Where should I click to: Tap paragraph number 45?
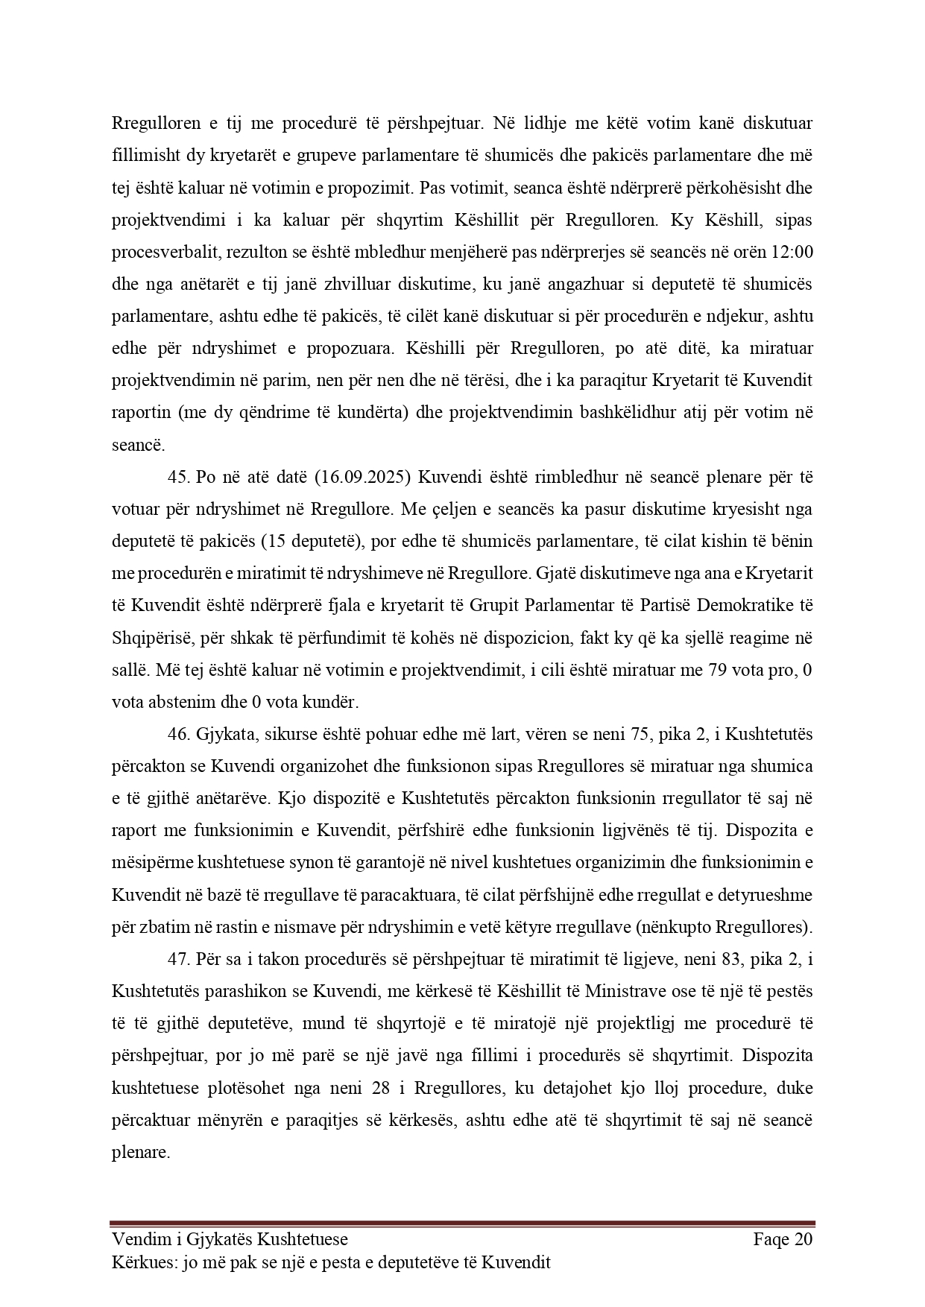click(179, 476)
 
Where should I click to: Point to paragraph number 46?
click(179, 734)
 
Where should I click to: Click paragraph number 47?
click(179, 959)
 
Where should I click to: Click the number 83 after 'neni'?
click(714, 959)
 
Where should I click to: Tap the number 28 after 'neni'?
click(379, 1088)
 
